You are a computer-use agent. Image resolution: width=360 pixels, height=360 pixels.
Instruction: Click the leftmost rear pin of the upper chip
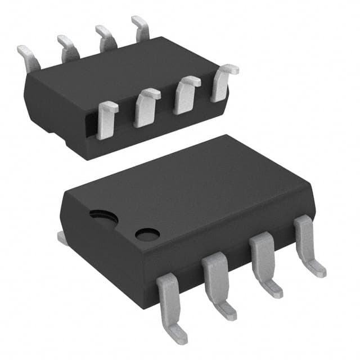[x=28, y=55]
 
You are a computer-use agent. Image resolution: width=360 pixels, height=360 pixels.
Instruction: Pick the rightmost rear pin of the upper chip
[x=141, y=28]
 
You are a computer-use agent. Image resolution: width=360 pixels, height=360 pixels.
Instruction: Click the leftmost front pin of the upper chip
[x=106, y=119]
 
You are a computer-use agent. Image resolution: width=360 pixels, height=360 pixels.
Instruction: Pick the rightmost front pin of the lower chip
[x=307, y=242]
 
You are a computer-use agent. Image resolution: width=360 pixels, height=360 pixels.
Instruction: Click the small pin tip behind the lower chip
[x=62, y=238]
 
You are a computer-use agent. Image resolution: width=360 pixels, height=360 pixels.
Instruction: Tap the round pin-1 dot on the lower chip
[x=147, y=233]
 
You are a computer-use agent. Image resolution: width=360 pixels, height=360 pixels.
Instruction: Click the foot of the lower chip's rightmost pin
[x=316, y=269]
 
